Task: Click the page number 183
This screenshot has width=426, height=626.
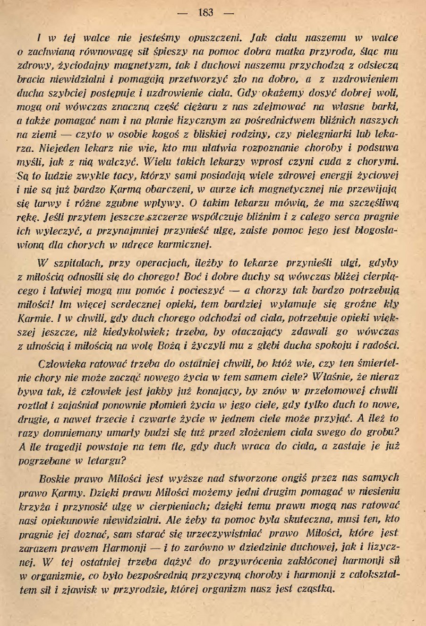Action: coord(206,13)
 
